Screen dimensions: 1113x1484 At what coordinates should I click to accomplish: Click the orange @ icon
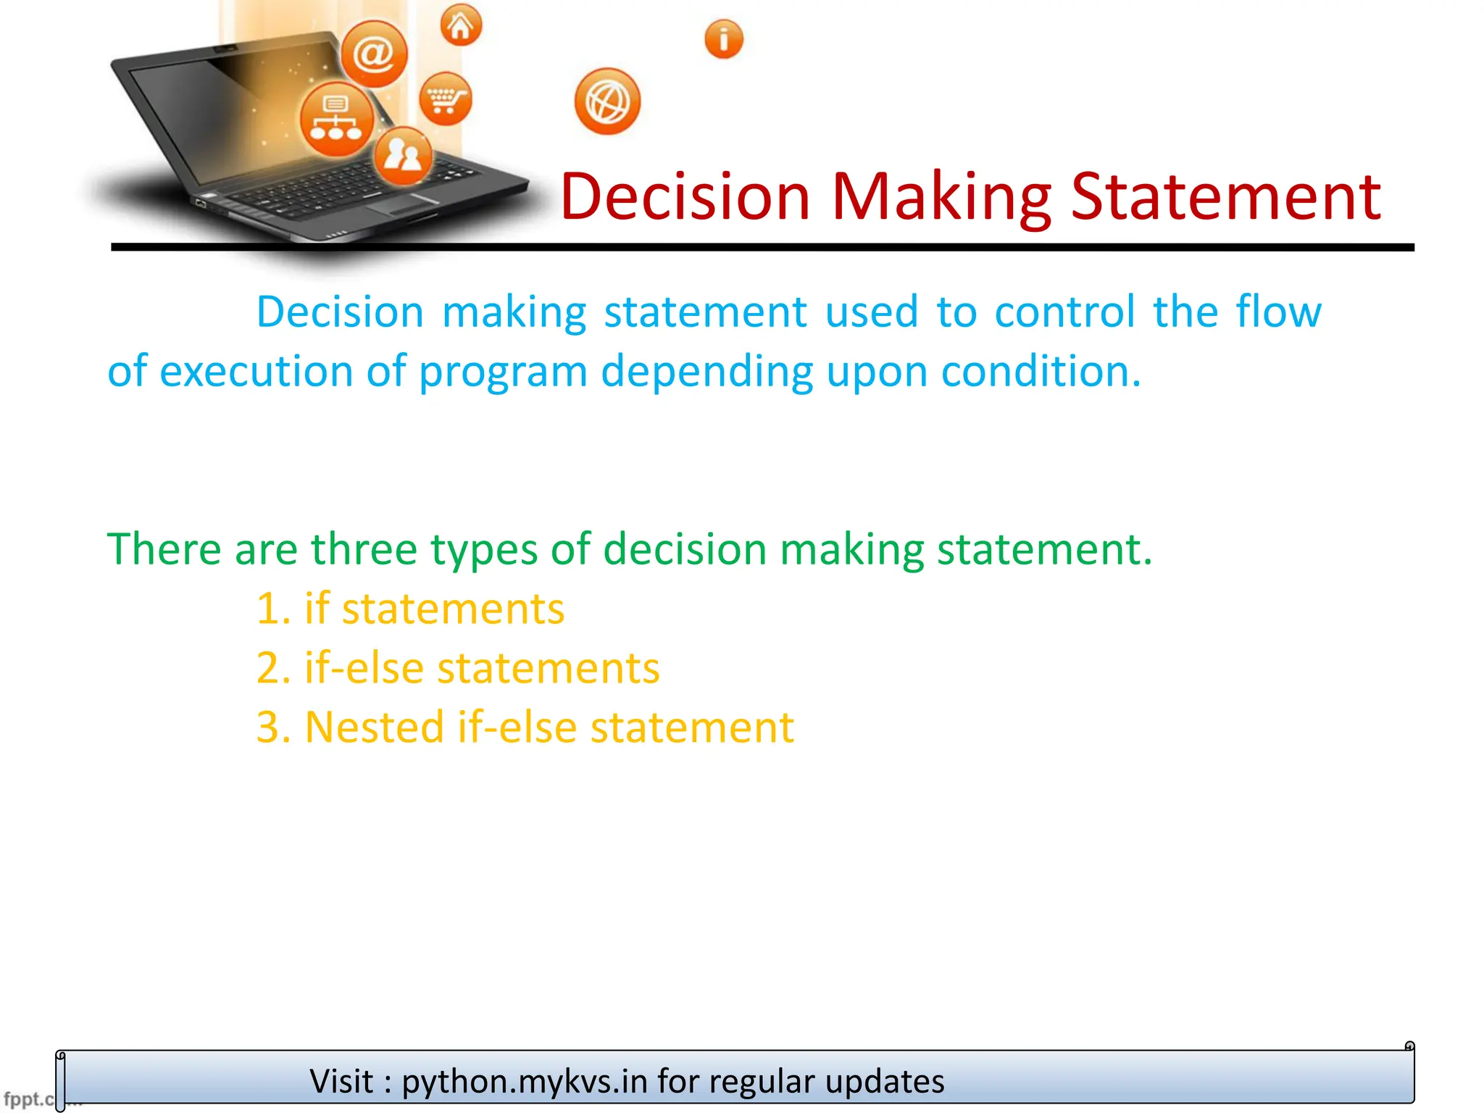point(374,54)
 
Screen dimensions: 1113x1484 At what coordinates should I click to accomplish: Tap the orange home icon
point(461,26)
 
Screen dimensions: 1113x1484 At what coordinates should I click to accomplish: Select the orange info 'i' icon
point(723,39)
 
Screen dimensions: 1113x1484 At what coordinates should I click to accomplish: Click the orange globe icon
point(607,101)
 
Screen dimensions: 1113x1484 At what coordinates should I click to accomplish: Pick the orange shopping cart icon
point(445,98)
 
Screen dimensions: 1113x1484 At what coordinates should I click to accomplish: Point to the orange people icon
point(403,154)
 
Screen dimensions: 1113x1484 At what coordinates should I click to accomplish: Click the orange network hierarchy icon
point(336,119)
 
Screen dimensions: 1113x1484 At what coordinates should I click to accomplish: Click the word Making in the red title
point(941,197)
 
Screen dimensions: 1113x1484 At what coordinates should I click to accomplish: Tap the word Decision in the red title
point(685,197)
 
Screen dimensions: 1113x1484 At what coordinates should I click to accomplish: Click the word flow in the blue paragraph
point(1278,312)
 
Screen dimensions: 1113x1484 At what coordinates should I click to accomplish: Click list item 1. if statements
point(410,608)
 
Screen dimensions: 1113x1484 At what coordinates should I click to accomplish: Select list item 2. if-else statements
point(458,667)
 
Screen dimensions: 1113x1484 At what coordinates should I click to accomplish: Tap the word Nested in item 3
point(374,727)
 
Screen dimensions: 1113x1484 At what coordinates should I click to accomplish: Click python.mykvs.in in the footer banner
point(525,1081)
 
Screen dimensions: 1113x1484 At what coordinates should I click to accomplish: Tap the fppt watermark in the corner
point(28,1099)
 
